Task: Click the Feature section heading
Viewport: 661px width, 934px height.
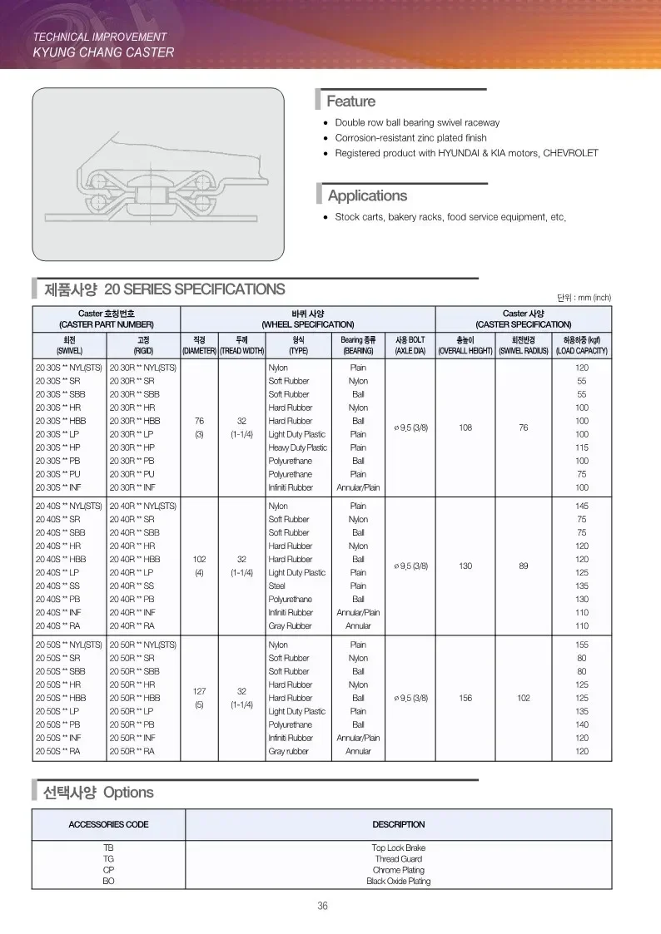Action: (x=350, y=101)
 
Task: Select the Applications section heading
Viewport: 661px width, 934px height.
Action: (x=367, y=195)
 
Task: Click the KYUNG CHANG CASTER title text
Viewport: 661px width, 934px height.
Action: (x=103, y=52)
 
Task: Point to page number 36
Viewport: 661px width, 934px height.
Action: (x=322, y=906)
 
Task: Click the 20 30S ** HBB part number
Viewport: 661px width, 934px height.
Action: (x=61, y=421)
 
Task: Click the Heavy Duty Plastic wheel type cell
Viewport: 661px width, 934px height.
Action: (x=297, y=447)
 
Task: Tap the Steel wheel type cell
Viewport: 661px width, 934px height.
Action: (x=278, y=586)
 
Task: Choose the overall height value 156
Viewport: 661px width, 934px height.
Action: (x=465, y=698)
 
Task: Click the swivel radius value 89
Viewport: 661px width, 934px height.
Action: (x=523, y=566)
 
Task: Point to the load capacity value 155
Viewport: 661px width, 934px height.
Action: (x=582, y=645)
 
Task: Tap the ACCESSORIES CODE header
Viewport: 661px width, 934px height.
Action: (x=108, y=824)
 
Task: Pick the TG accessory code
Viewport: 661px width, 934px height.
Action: (x=108, y=858)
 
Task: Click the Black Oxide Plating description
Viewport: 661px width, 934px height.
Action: (x=398, y=881)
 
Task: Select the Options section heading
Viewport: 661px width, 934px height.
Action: (x=98, y=793)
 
